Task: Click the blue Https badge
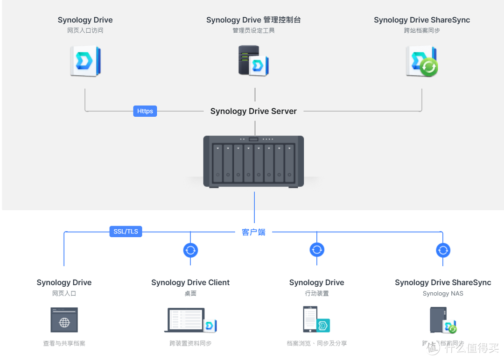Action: coord(145,111)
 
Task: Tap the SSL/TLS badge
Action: coord(126,231)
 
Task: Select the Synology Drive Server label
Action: coord(253,111)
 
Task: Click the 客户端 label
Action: coord(253,232)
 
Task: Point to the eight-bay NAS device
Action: coord(253,161)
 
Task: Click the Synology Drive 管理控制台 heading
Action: coord(253,20)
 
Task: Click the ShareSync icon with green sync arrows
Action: coord(421,61)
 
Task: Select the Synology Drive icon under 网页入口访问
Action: coord(85,61)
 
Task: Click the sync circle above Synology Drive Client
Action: coord(190,250)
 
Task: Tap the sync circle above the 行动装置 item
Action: coord(317,250)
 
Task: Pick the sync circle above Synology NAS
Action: coord(443,250)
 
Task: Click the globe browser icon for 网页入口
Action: coord(64,320)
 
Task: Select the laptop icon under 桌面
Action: coord(187,320)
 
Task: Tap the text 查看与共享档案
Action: coord(64,343)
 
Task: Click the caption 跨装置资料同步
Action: coord(190,343)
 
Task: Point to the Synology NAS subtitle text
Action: coord(443,294)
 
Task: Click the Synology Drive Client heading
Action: coord(190,282)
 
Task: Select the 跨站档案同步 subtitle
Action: coord(422,30)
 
